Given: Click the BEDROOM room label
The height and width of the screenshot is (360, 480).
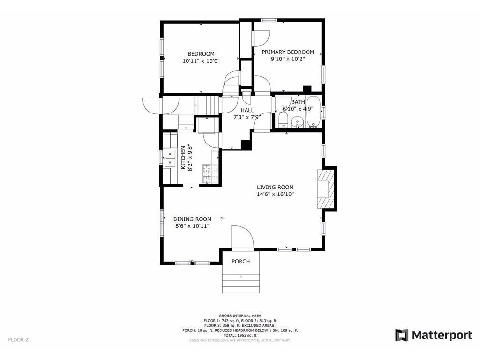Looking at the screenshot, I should pos(201,54).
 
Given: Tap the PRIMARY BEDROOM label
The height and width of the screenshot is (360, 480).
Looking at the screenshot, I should pos(288,52).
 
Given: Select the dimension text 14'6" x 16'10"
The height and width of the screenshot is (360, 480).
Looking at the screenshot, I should pos(275,194).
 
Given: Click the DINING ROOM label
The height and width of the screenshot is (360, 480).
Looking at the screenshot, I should pos(192,219).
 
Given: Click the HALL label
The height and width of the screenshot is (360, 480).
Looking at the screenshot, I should pos(247,110).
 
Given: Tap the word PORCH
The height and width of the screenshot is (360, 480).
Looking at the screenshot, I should pos(240,261).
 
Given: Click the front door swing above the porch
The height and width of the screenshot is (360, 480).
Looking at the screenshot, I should pos(241,236).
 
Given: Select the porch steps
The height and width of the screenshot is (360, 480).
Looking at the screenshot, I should pos(240,284).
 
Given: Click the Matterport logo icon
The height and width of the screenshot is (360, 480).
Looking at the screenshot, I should pos(402,335).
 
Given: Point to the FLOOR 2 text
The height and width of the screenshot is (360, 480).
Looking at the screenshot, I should pos(18,340).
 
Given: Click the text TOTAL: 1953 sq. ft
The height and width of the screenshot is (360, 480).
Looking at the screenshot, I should pos(240,335).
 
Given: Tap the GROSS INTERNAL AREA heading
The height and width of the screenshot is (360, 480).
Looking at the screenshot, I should pos(240,315).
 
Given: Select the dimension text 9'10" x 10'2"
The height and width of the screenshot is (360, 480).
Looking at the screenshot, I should pos(288,59).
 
